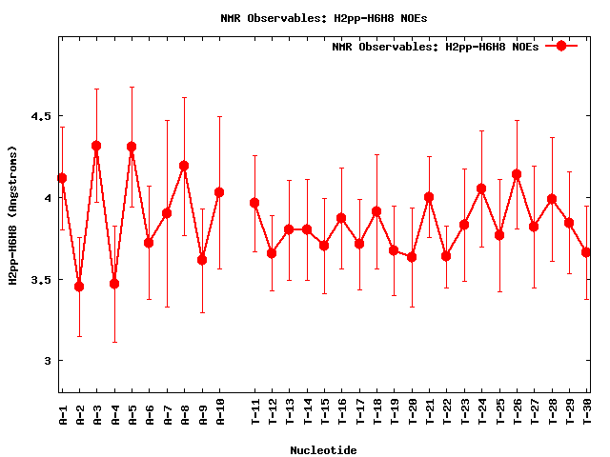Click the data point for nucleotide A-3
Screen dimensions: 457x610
tap(96, 146)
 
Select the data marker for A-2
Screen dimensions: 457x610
tap(79, 287)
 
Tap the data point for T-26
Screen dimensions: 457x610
tap(517, 174)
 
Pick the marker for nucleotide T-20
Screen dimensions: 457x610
tap(412, 257)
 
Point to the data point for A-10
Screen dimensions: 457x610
tap(219, 192)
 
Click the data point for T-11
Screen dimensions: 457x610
tap(254, 203)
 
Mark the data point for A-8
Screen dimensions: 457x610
tap(184, 166)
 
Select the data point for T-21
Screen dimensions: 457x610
tap(429, 197)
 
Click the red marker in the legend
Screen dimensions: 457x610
tap(561, 46)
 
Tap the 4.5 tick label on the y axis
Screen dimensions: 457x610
tap(41, 116)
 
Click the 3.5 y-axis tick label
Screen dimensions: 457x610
tap(41, 280)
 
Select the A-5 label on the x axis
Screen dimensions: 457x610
tap(132, 411)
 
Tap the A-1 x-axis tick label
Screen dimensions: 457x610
tap(62, 411)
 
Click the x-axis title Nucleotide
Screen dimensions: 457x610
tap(324, 450)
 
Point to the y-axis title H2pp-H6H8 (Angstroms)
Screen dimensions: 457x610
tap(12, 215)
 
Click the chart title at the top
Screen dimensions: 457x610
tap(324, 17)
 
